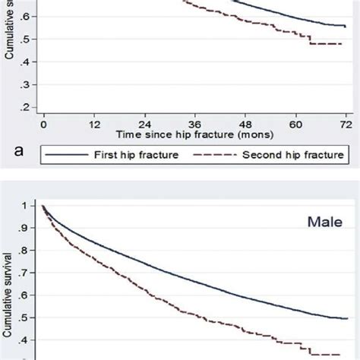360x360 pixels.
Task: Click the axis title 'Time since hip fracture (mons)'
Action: pyautogui.click(x=194, y=134)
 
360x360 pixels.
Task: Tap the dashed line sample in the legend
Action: pyautogui.click(x=216, y=155)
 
